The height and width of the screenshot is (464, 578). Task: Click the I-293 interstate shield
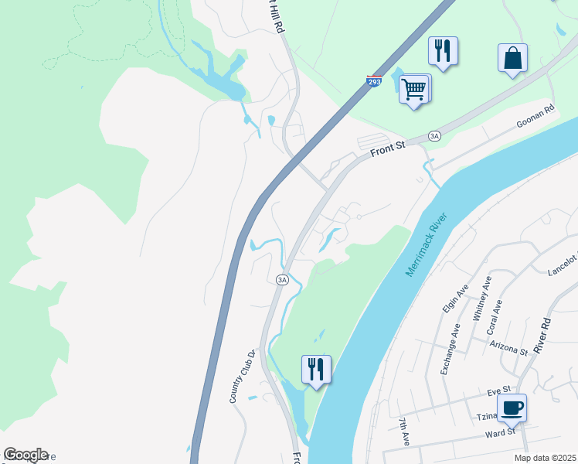coord(374,81)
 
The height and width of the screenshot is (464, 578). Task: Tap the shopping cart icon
coord(414,89)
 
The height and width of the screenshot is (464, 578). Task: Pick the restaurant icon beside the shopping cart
coord(444,51)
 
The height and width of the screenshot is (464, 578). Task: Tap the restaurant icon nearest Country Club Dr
coord(316,368)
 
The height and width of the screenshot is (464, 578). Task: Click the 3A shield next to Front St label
coord(434,136)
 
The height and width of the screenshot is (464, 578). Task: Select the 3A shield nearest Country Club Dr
coord(282,279)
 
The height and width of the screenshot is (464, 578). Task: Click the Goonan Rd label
coord(536,118)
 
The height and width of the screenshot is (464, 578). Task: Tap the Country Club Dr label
coord(241,377)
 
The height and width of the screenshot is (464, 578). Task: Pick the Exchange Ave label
coord(450,349)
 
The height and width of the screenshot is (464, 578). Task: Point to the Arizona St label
coord(508,346)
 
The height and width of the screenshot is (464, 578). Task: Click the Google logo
coord(25,455)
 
